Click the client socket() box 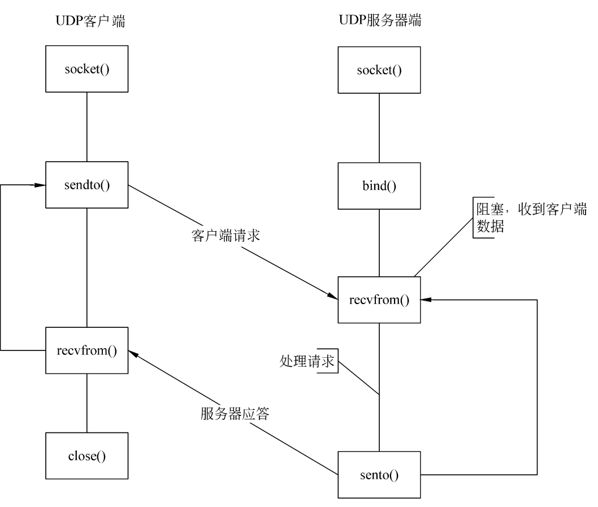point(86,70)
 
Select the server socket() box point(379,70)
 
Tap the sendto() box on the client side point(86,185)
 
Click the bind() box point(379,185)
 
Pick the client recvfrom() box point(86,350)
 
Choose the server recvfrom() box point(379,300)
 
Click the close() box point(86,456)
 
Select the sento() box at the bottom point(379,474)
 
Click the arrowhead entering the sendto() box point(41,185)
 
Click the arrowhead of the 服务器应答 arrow point(133,353)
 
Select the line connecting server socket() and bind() point(379,128)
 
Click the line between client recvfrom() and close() point(86,403)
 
